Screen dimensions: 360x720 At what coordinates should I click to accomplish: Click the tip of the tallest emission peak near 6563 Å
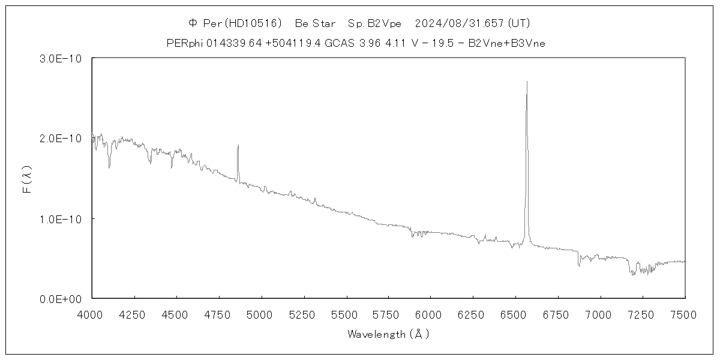tap(527, 82)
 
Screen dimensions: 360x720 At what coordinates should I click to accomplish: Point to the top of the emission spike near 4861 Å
tap(238, 145)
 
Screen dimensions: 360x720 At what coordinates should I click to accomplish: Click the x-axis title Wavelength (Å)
tap(388, 334)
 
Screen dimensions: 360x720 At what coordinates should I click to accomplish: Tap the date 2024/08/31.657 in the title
tap(460, 23)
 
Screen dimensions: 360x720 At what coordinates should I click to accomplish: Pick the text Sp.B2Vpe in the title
tap(375, 23)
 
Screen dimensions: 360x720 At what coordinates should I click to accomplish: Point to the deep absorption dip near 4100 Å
tap(109, 167)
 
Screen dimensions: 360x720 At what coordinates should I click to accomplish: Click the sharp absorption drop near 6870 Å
tap(579, 266)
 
